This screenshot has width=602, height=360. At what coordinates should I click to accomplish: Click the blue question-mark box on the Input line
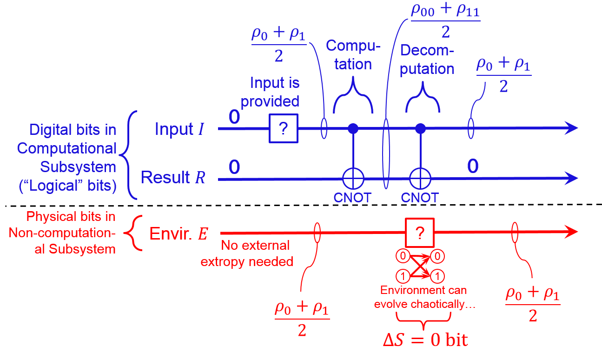283,128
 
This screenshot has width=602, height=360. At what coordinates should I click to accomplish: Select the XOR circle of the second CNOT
420,178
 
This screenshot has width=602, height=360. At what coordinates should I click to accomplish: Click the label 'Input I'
179,129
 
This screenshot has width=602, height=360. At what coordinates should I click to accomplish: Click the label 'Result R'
172,177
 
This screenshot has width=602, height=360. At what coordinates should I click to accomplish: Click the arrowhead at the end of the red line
572,232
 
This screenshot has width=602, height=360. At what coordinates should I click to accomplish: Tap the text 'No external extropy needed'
247,253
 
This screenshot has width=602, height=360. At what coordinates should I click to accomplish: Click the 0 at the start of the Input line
234,118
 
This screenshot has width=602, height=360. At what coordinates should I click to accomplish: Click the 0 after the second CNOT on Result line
472,166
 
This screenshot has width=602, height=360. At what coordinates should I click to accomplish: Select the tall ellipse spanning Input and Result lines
386,153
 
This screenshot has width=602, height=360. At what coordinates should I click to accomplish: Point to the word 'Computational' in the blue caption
67,148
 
